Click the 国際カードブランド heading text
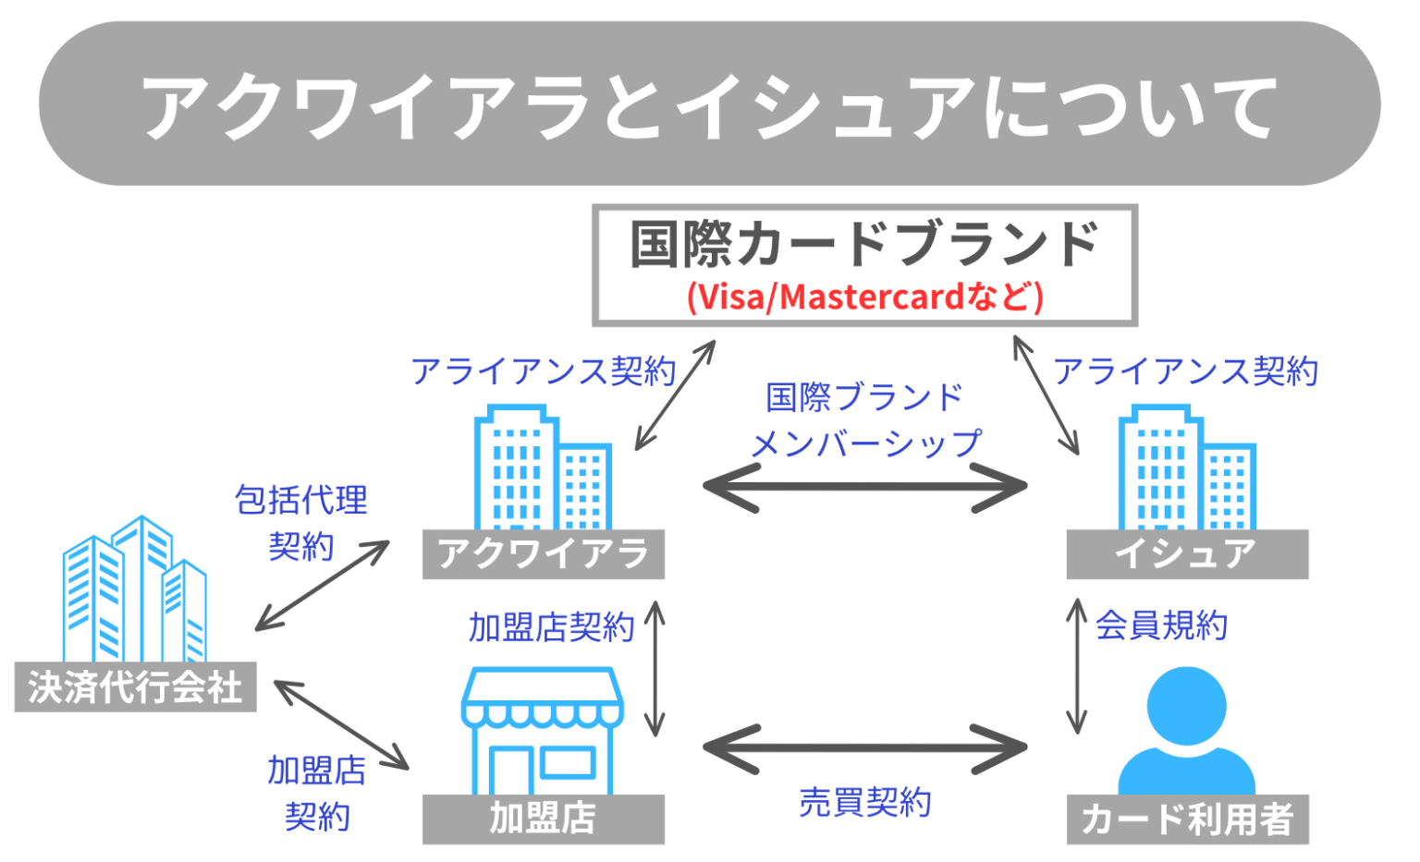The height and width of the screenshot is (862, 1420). pyautogui.click(x=863, y=245)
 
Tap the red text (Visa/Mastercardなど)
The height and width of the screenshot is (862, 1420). pyautogui.click(x=863, y=297)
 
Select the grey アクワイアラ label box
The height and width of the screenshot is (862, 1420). pyautogui.click(x=543, y=554)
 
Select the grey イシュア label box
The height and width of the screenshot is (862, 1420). pyautogui.click(x=1186, y=554)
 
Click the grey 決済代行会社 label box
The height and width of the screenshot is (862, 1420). pyautogui.click(x=135, y=687)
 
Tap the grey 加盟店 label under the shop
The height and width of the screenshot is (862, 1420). pyautogui.click(x=543, y=819)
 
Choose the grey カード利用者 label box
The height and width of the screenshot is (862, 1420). pyautogui.click(x=1186, y=819)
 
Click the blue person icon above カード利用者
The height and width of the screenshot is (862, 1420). pyautogui.click(x=1186, y=730)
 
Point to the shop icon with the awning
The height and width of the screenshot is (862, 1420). pyautogui.click(x=543, y=730)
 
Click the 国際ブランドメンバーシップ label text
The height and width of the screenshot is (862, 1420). pyautogui.click(x=865, y=421)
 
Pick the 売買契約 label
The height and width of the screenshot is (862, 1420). pyautogui.click(x=865, y=802)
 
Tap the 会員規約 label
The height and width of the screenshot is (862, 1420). pyautogui.click(x=1161, y=626)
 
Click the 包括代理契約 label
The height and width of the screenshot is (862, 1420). pyautogui.click(x=301, y=523)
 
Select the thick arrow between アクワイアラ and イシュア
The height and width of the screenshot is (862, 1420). pyautogui.click(x=865, y=486)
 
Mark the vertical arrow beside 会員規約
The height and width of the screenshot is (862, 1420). pyautogui.click(x=1077, y=666)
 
